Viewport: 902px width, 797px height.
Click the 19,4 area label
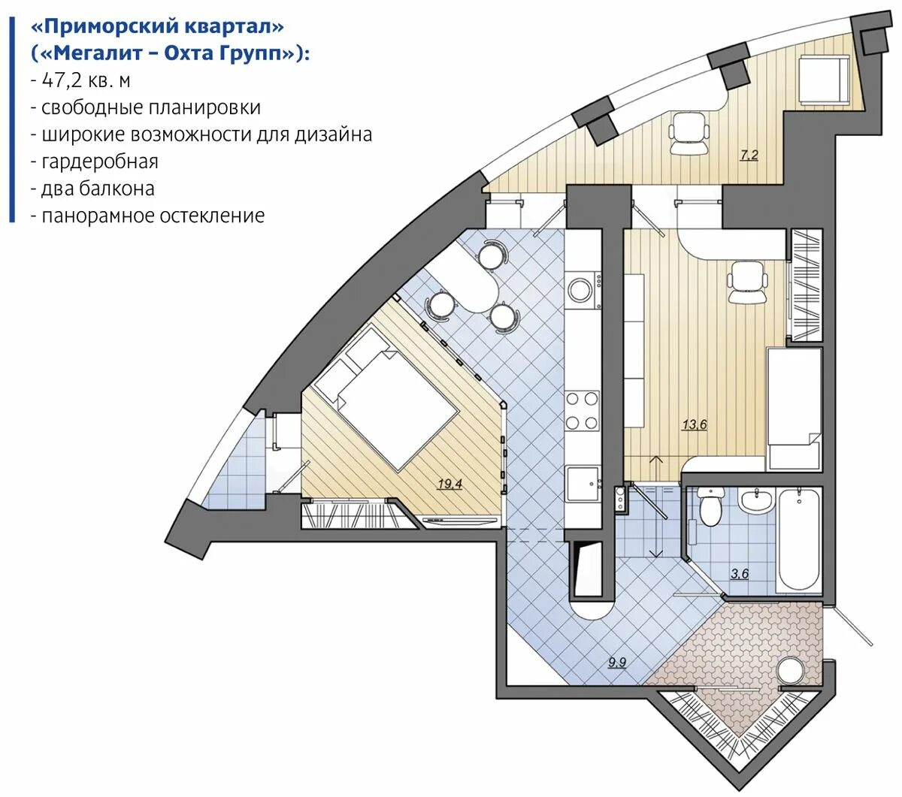449,483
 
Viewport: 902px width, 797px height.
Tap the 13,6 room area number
695,424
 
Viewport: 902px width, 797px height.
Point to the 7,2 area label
749,155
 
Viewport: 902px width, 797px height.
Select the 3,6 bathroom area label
740,574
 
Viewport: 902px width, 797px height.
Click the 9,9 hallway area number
618,663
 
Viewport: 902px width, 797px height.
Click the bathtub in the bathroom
799,540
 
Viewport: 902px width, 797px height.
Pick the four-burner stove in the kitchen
582,410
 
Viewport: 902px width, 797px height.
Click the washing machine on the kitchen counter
583,290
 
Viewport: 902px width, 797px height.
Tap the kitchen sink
583,485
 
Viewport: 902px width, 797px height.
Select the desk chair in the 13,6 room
747,282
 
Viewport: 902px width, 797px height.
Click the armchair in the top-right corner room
824,80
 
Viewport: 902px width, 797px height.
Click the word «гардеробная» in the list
100,162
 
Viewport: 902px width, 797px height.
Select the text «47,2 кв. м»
86,80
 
